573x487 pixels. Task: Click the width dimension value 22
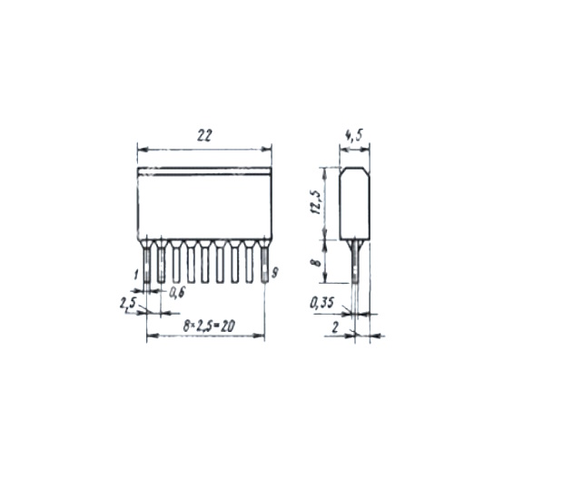click(204, 135)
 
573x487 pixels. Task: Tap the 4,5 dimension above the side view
click(354, 135)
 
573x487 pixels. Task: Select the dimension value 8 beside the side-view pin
click(317, 261)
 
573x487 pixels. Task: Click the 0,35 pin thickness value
click(322, 303)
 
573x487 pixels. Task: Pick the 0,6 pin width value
click(177, 293)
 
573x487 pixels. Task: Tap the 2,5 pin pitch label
click(128, 304)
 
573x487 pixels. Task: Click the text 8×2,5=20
click(209, 326)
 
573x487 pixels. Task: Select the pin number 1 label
click(136, 275)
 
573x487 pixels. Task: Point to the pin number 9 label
click(275, 273)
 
